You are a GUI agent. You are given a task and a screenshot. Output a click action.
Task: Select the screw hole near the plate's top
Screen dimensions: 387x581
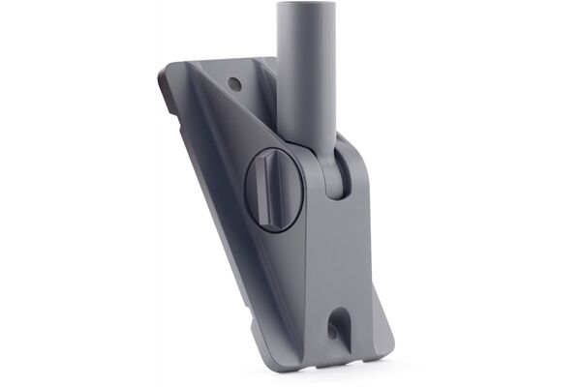point(234,84)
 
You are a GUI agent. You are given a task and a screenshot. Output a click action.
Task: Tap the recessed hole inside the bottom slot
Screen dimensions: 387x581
point(335,330)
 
